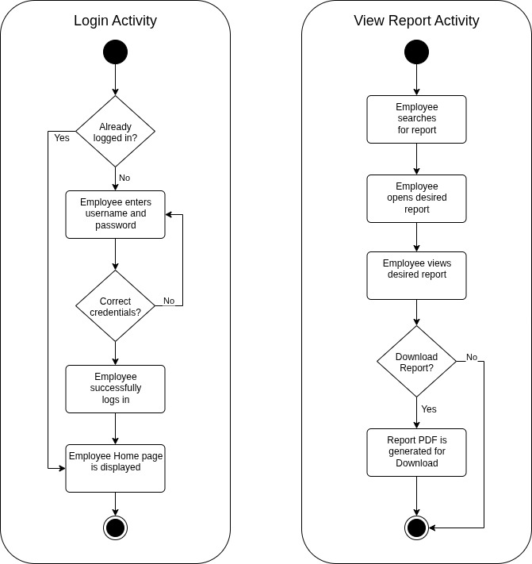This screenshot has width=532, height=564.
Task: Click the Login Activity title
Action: tap(115, 21)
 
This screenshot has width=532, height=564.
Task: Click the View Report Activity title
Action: tap(416, 21)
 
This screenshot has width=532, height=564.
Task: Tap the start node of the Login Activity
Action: tap(115, 52)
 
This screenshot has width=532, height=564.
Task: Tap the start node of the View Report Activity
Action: tap(416, 52)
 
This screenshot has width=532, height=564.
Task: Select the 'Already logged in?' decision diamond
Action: tap(115, 132)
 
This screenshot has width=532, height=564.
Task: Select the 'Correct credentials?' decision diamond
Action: tap(115, 306)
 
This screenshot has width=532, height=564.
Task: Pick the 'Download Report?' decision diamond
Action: tap(416, 362)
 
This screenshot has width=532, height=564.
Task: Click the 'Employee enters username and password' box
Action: tap(115, 214)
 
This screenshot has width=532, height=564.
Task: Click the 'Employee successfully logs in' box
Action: tap(115, 389)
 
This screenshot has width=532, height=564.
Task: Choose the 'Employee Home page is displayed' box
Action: tap(115, 468)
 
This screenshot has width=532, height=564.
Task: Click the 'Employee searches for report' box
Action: tap(416, 119)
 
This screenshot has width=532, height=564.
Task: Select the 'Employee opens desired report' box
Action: tap(416, 198)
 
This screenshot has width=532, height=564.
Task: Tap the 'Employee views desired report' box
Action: tap(416, 275)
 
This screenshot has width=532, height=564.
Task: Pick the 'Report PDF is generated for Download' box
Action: tap(416, 452)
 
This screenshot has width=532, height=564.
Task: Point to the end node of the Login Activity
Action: tap(116, 528)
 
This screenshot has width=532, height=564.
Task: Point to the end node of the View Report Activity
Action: tap(416, 528)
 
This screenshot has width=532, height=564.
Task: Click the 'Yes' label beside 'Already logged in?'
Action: tap(62, 138)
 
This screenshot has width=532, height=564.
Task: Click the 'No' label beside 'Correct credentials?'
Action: tap(169, 301)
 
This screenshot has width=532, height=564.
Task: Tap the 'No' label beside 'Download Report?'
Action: tap(472, 357)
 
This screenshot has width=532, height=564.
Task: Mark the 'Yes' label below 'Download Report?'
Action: tap(429, 409)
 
